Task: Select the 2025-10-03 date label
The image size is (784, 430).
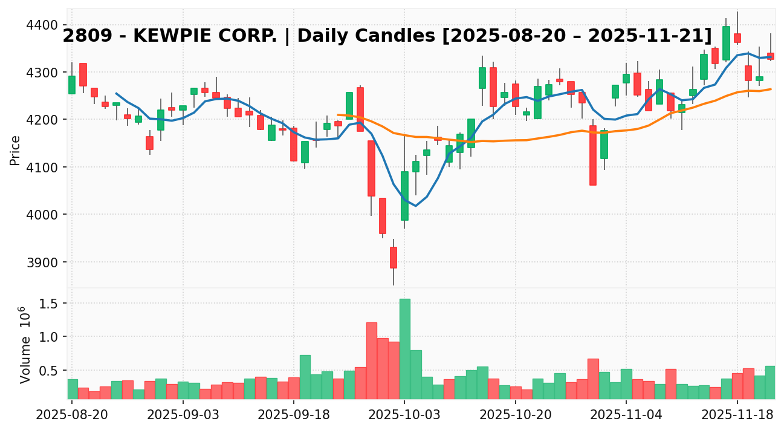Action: coord(404,415)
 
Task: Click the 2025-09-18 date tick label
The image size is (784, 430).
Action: coord(294,415)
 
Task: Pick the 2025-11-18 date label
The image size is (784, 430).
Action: coord(737,415)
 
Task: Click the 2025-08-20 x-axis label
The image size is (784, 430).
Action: coord(72,415)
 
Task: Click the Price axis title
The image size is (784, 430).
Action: coord(15,150)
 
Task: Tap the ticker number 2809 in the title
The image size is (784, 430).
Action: coord(83,36)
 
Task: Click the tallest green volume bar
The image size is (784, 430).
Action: coord(404,348)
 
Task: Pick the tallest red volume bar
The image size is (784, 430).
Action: coord(371,360)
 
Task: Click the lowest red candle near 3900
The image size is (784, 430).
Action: coord(394,257)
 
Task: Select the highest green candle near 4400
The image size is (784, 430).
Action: coord(726,43)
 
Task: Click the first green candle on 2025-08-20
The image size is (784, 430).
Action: coord(72,85)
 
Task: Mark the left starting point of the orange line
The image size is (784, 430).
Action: coord(338,114)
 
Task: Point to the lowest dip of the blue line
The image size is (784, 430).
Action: coord(415,206)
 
